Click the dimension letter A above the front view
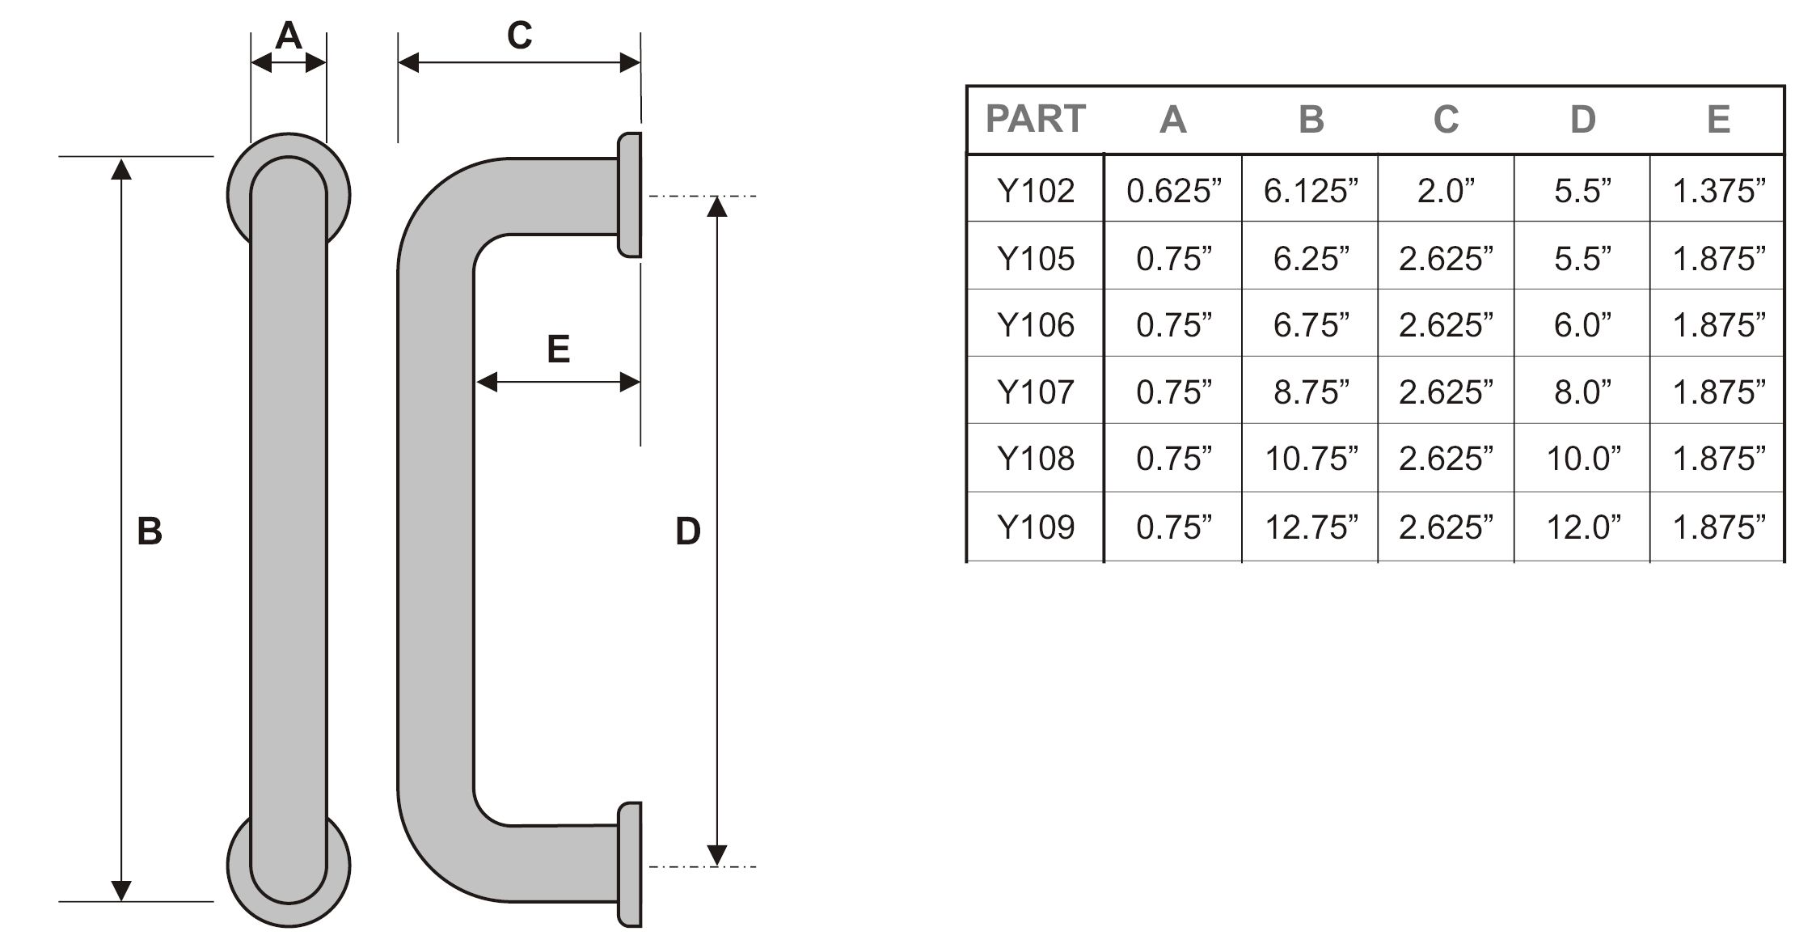[x=288, y=36]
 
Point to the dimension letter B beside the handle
[x=150, y=531]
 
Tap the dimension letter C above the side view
[x=519, y=36]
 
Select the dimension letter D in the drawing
[x=687, y=531]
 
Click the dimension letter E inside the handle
[x=558, y=349]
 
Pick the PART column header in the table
[x=1035, y=120]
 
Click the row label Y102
[x=1036, y=191]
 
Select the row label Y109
[x=1036, y=527]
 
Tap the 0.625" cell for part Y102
[x=1173, y=191]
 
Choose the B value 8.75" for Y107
[x=1311, y=392]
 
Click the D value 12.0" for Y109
[x=1583, y=527]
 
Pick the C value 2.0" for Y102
[x=1446, y=191]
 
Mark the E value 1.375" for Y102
[x=1718, y=191]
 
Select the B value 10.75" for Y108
[x=1311, y=459]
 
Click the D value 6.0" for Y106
[x=1582, y=325]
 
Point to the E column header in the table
[x=1718, y=120]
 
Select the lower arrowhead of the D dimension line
[x=717, y=855]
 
